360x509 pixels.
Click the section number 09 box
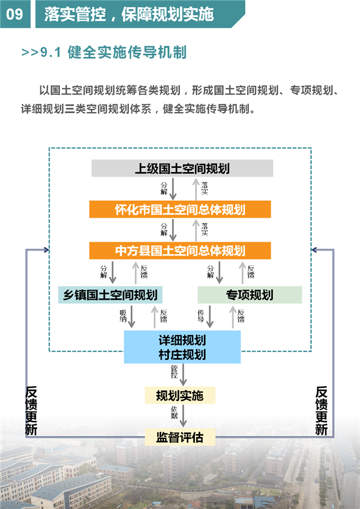[15, 14]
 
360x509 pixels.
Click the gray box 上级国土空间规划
[182, 168]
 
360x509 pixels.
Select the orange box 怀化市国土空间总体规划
[180, 209]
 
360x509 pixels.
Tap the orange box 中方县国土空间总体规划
[180, 251]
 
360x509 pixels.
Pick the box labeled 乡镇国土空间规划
[110, 295]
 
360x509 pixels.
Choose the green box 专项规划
[250, 295]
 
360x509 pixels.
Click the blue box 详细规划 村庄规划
[182, 347]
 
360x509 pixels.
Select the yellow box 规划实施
[180, 395]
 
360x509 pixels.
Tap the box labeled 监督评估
[180, 437]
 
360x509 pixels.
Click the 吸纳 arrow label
[123, 316]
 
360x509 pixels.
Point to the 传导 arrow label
[201, 316]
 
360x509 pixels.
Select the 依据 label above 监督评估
[175, 412]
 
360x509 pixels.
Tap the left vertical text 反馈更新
[31, 411]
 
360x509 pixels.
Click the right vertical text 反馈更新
[322, 411]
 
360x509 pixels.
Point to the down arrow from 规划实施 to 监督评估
[183, 416]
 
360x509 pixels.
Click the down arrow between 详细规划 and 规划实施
[183, 375]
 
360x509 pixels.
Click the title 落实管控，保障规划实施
[129, 14]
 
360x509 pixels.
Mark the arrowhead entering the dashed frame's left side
[47, 249]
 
